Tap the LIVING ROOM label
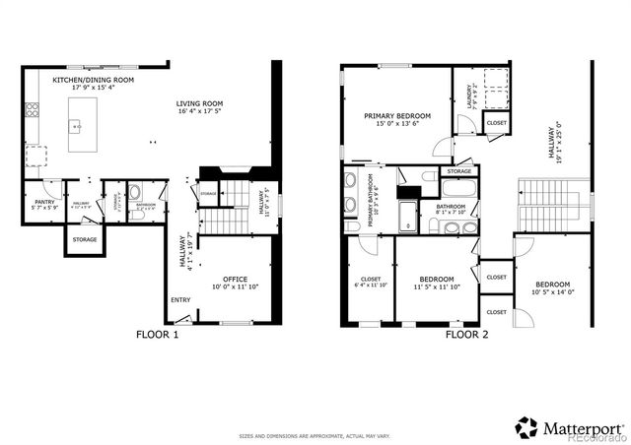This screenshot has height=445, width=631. click(200, 103)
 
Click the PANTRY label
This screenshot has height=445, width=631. click(44, 201)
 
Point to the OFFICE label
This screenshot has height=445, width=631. click(235, 279)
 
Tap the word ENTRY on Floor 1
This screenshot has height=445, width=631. click(180, 301)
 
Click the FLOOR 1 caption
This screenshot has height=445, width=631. click(157, 335)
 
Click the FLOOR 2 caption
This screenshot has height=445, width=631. click(466, 335)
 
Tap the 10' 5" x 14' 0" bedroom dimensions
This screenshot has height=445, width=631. click(551, 292)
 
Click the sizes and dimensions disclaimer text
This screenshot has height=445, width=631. click(315, 435)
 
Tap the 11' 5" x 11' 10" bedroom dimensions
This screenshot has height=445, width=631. click(436, 285)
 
